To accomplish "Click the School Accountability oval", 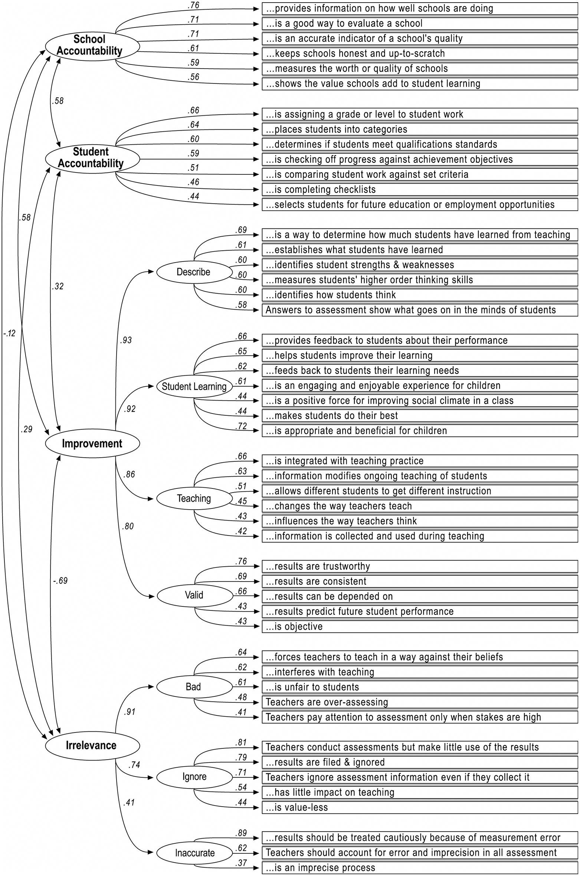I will coord(92,46).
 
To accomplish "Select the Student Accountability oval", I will coord(92,158).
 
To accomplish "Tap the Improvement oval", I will coord(92,443).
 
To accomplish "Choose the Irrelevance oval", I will coord(92,745).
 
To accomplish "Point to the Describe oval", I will coord(194,272).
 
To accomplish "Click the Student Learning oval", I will coord(194,386).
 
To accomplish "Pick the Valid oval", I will coord(194,595).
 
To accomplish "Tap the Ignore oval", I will coord(194,777).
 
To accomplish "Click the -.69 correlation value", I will coord(60,581).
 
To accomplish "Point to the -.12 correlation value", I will coord(9,333).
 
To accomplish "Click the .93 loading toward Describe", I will coord(126,340).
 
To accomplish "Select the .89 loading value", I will coord(241,833).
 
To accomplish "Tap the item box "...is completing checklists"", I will coord(419,190).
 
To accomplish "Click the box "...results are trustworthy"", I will coord(419,566).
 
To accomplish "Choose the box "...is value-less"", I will coord(419,807).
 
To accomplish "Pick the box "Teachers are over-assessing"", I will coord(419,702).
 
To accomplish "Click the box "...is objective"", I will coord(419,626).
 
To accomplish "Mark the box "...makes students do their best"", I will coord(419,416).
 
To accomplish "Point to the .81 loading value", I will coord(241,742).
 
